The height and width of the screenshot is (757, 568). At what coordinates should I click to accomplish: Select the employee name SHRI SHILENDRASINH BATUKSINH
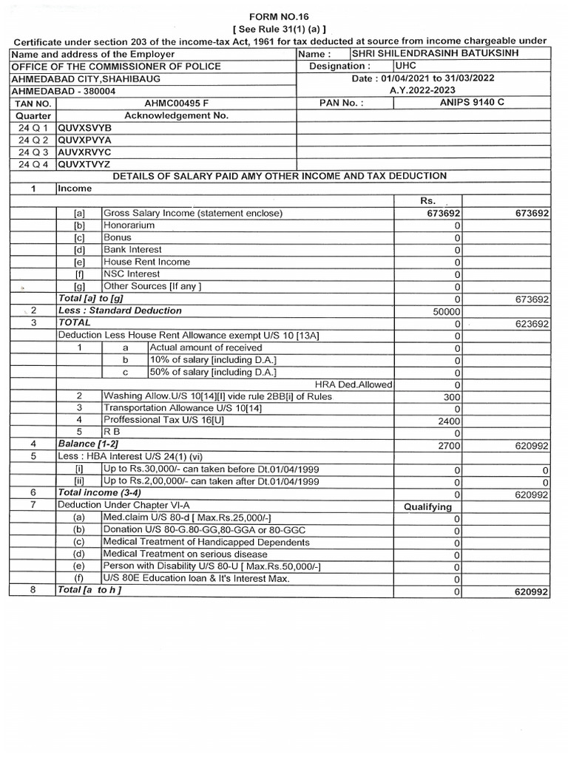pyautogui.click(x=436, y=54)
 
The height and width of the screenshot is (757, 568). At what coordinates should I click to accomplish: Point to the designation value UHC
pyautogui.click(x=407, y=67)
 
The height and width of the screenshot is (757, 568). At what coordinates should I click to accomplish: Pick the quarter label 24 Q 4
pyautogui.click(x=33, y=164)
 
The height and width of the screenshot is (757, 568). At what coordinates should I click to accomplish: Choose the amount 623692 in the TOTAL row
pyautogui.click(x=530, y=324)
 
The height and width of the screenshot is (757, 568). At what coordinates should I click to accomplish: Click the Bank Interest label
pyautogui.click(x=132, y=250)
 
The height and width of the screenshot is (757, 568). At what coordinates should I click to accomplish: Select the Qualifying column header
pyautogui.click(x=427, y=506)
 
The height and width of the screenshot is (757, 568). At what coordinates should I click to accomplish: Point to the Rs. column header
pyautogui.click(x=429, y=201)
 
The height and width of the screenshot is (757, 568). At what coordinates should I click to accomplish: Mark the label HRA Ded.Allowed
pyautogui.click(x=354, y=384)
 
